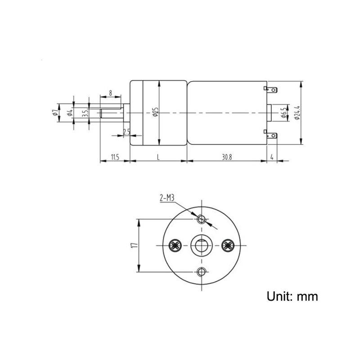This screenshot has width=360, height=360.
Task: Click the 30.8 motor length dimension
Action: pyautogui.click(x=227, y=157)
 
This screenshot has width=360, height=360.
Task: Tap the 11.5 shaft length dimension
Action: pyautogui.click(x=115, y=157)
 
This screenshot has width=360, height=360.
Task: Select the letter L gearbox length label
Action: pyautogui.click(x=158, y=157)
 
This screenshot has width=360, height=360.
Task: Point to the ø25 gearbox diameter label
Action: pyautogui.click(x=155, y=112)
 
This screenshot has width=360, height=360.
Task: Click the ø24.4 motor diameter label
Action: pyautogui.click(x=297, y=113)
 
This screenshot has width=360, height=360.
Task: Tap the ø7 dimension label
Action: pyautogui.click(x=54, y=112)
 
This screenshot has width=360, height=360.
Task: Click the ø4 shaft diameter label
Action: pyautogui.click(x=70, y=112)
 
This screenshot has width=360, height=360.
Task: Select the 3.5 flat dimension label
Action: pyautogui.click(x=85, y=113)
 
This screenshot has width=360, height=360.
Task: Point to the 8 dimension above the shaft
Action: pyautogui.click(x=110, y=93)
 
